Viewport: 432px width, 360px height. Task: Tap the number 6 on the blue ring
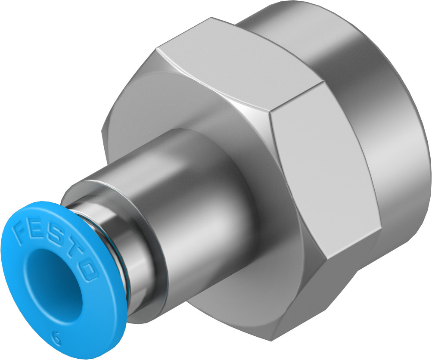pyautogui.click(x=56, y=337)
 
